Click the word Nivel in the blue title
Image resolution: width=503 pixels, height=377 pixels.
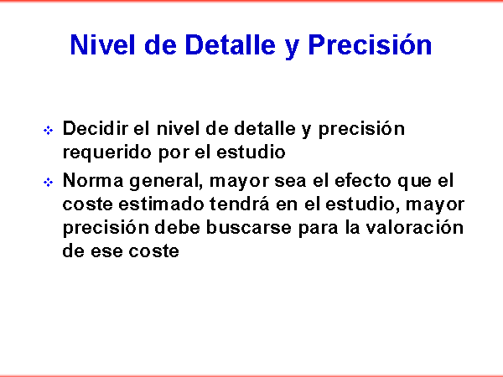(102, 44)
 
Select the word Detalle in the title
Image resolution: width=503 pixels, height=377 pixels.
(230, 44)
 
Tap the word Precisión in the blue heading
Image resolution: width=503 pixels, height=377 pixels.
(370, 44)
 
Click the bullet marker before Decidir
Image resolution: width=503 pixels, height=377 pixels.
(48, 131)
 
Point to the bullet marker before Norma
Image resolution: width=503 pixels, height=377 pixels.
(48, 183)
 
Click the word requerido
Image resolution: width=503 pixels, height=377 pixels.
(107, 153)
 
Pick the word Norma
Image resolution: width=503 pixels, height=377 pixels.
(93, 180)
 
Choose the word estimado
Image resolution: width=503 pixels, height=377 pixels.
(161, 204)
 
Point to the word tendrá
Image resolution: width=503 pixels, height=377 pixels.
(240, 204)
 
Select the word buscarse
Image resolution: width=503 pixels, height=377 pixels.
(249, 228)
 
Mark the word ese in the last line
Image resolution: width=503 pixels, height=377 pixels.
(106, 252)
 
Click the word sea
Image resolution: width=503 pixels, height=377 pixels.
(290, 182)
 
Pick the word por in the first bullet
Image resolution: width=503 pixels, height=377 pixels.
(174, 154)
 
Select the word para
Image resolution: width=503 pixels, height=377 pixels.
(319, 230)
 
